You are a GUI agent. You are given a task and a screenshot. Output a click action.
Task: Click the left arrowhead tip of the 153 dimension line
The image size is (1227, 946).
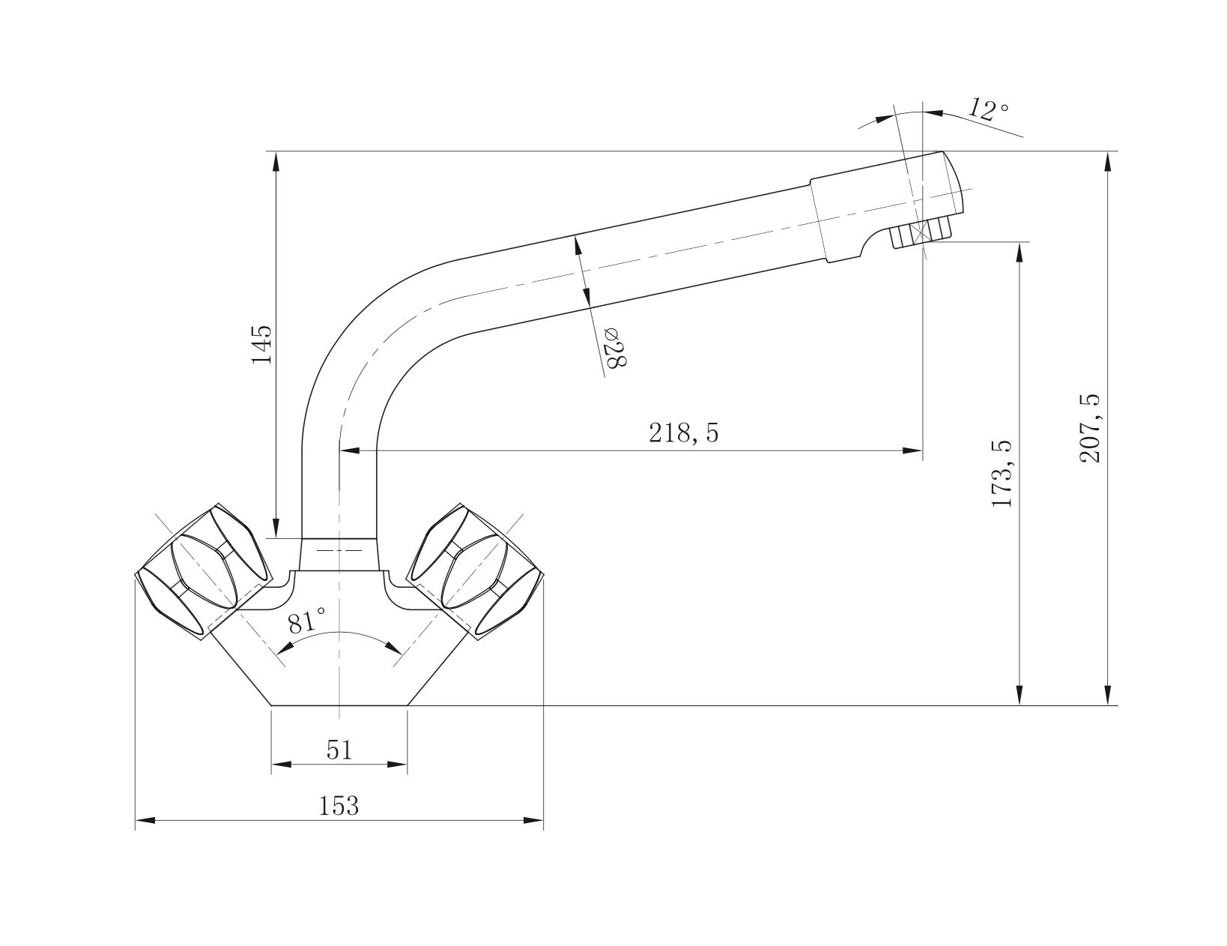click(136, 820)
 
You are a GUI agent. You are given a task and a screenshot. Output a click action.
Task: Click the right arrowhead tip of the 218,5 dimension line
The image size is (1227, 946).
click(922, 451)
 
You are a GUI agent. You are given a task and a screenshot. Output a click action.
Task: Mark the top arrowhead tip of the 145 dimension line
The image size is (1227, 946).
click(276, 152)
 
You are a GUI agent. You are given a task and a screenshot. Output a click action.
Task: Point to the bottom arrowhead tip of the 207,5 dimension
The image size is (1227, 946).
click(1108, 705)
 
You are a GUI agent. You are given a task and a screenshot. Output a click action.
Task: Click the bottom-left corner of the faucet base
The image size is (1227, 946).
click(272, 705)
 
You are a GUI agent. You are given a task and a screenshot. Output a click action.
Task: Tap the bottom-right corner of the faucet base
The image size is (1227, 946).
click(407, 705)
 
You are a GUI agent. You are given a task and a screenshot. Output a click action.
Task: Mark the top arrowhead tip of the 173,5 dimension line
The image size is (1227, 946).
click(1020, 243)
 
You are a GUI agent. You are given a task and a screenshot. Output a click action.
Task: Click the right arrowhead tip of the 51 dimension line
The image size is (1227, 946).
click(407, 764)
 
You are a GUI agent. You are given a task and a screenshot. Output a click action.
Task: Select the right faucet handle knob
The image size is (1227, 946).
click(476, 570)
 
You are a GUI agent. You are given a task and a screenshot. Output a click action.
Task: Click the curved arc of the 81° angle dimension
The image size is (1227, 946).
click(339, 632)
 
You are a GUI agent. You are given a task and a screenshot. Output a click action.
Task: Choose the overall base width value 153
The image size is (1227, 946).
click(339, 805)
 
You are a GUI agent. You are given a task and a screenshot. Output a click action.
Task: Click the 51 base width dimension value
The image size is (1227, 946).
click(339, 750)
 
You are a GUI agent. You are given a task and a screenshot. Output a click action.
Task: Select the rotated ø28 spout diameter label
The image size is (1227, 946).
click(616, 347)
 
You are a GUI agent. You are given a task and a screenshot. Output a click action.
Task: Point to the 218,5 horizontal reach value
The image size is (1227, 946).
click(683, 433)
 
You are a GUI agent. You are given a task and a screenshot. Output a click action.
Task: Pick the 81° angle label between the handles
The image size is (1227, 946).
click(306, 622)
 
